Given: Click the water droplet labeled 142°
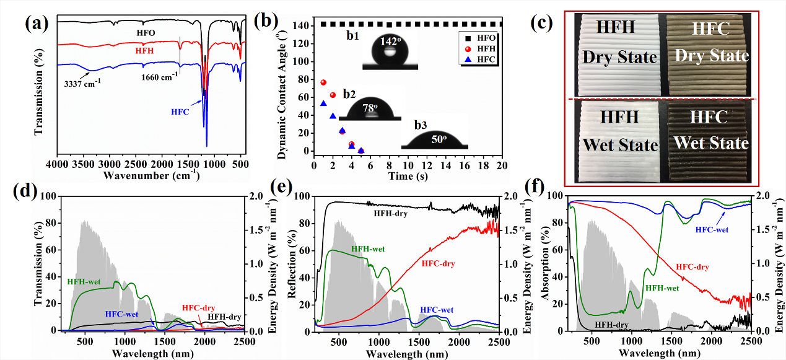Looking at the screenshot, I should [x=389, y=54].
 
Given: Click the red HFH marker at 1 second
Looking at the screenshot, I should [x=323, y=82].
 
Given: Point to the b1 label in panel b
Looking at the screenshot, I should [x=354, y=38].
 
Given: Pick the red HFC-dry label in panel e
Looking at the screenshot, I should [x=438, y=264].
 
